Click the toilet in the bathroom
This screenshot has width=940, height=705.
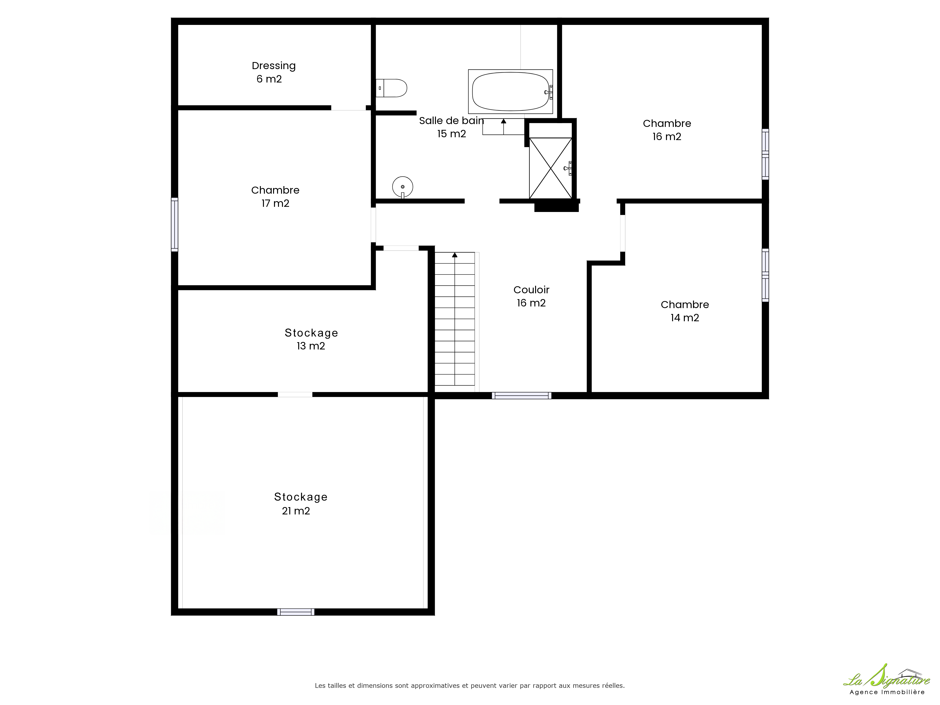tap(391, 88)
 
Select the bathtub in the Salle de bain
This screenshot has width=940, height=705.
tap(510, 91)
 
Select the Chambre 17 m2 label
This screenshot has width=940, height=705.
tap(275, 197)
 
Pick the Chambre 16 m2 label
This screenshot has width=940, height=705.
tap(667, 130)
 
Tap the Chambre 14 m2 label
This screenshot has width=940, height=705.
tap(685, 311)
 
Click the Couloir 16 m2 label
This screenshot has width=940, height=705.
tap(531, 296)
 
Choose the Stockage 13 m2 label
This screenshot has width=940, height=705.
tap(311, 339)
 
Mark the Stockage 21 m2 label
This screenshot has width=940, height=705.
tap(300, 504)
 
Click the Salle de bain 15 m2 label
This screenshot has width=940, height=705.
tap(451, 127)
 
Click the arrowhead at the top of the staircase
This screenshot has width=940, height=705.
tap(455, 255)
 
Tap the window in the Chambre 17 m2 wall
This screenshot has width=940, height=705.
tap(174, 224)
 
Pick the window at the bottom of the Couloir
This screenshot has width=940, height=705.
tap(521, 396)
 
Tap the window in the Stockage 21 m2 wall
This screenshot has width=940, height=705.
tap(296, 612)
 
